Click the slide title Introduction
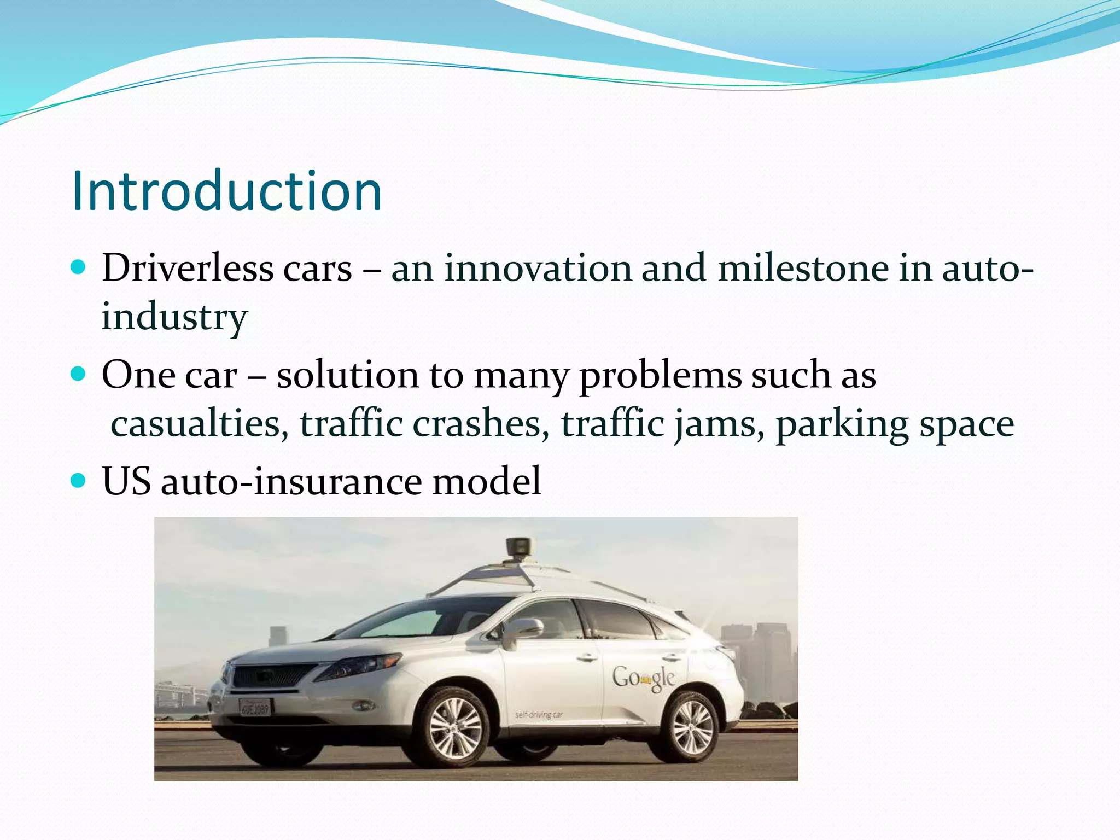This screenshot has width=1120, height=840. (x=226, y=191)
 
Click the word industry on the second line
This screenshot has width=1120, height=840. (x=174, y=317)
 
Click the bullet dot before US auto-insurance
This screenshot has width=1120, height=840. (x=79, y=480)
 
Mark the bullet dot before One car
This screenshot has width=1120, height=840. (x=79, y=374)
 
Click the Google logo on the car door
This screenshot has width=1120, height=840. (x=643, y=678)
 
